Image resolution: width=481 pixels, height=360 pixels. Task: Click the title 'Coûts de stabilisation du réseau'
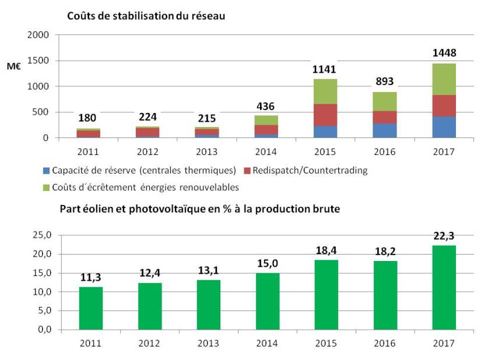(x=146, y=16)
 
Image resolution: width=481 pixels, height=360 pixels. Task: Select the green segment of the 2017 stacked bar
(x=444, y=79)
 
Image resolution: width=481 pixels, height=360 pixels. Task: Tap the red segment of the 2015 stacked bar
(x=326, y=115)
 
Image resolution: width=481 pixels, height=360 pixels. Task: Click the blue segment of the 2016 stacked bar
(x=385, y=130)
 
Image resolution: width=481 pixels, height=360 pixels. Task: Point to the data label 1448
(x=444, y=54)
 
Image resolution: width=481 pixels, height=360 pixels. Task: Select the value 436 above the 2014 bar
(x=266, y=106)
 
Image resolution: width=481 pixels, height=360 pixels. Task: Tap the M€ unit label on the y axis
(x=15, y=67)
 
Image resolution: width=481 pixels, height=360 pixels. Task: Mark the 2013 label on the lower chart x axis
(x=208, y=343)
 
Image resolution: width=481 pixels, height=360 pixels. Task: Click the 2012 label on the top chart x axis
(x=148, y=152)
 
